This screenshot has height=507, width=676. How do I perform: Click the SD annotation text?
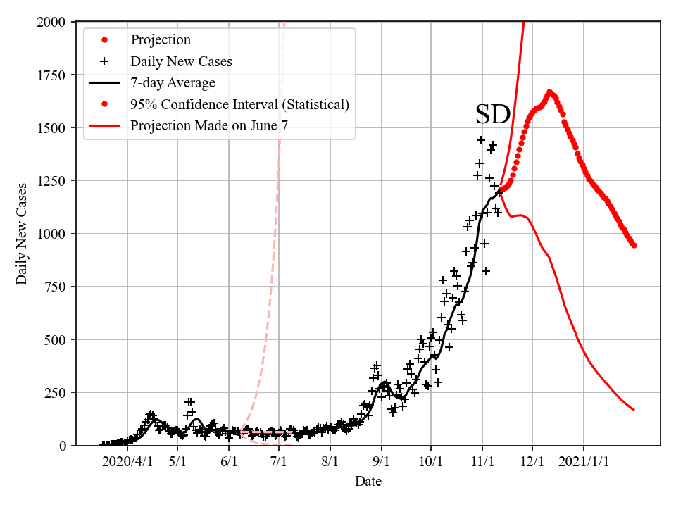(x=492, y=114)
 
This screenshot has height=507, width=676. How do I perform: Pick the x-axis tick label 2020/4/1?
(x=127, y=462)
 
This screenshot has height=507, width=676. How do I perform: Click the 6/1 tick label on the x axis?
(x=229, y=462)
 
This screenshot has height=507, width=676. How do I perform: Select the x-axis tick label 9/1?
(x=382, y=462)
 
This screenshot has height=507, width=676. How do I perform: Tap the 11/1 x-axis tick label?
(x=482, y=462)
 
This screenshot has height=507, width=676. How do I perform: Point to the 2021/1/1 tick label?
(x=584, y=462)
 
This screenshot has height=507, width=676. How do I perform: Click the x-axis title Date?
(x=368, y=482)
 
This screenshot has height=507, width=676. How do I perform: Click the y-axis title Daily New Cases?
(x=22, y=234)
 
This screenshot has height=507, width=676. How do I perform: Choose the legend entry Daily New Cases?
(x=181, y=61)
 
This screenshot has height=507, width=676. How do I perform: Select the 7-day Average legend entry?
(x=173, y=83)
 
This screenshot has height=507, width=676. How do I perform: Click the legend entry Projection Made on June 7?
(x=208, y=126)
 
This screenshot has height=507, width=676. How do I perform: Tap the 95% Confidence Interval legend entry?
(x=239, y=104)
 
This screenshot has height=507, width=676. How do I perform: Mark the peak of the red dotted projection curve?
(x=549, y=92)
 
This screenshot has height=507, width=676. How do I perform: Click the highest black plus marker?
(x=481, y=140)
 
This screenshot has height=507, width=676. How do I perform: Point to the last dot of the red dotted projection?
(x=634, y=245)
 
